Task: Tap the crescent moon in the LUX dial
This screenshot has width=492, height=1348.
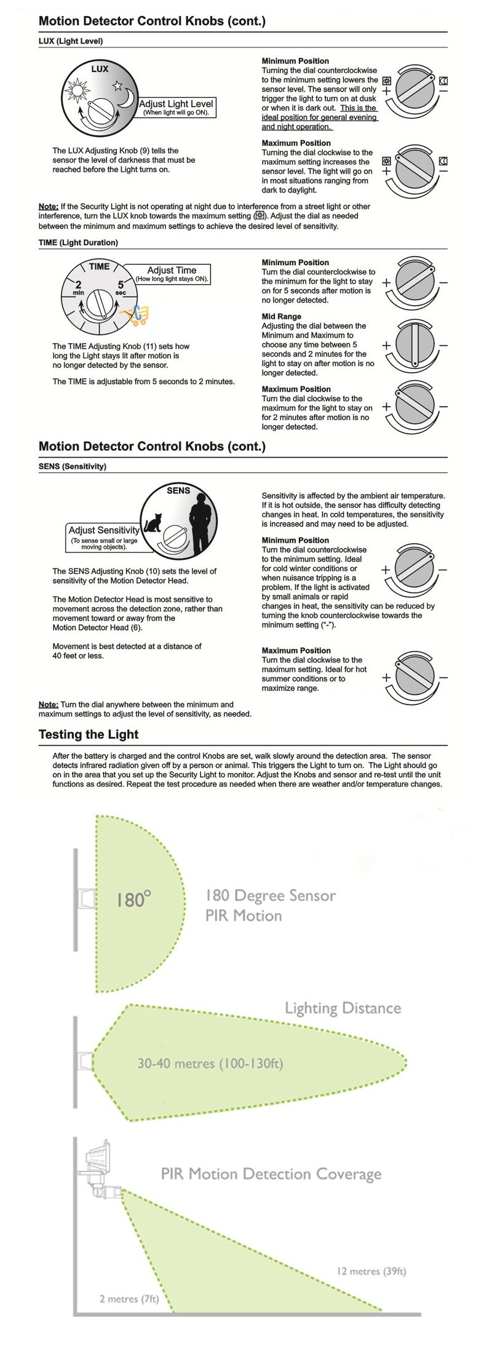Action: pos(127,97)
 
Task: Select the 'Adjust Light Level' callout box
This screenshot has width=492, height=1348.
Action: pos(176,107)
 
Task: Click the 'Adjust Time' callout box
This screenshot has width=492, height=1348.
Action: pos(172,273)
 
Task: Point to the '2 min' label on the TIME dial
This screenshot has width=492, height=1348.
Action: pos(79,287)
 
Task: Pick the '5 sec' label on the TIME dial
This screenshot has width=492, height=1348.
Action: pos(121,287)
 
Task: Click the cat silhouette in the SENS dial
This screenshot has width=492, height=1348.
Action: pos(152,524)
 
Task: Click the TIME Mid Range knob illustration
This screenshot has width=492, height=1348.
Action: pos(415,345)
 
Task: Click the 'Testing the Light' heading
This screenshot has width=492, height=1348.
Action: pos(89,734)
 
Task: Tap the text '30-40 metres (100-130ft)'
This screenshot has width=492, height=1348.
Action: pos(210,1064)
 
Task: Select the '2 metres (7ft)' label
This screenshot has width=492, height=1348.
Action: pos(129,1299)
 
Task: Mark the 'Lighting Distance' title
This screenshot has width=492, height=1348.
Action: pos(343,1008)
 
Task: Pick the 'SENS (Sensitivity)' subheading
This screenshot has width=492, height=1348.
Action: pos(72,466)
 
